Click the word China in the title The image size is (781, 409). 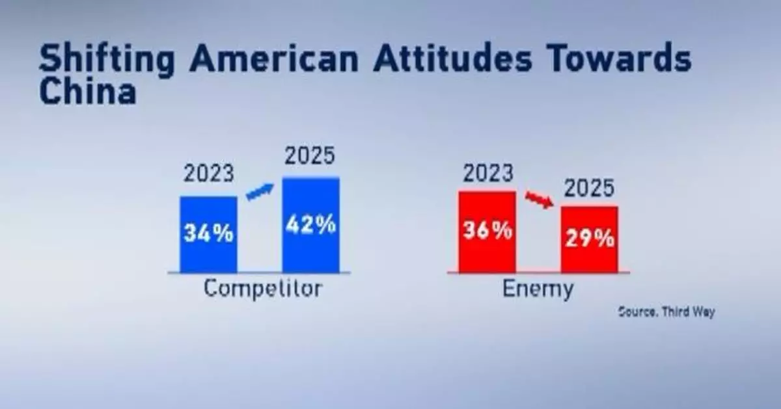point(87,92)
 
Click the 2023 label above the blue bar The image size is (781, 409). point(208,175)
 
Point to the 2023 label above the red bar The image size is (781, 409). point(487,174)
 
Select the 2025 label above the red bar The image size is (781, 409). point(589,189)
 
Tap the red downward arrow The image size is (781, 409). point(539,198)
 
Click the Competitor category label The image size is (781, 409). point(262,289)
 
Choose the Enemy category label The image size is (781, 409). point(538,289)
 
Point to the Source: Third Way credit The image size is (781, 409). point(666,312)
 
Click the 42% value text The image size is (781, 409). point(310,224)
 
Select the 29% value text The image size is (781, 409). point(590,239)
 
